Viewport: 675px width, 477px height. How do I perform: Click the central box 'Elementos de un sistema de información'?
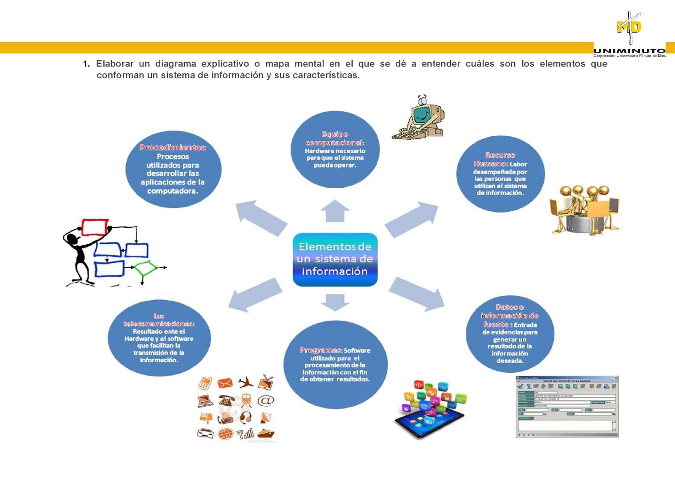pos(335,259)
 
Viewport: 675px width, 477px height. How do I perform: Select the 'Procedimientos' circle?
pos(173,170)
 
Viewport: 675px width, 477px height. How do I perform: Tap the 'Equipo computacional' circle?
pos(335,149)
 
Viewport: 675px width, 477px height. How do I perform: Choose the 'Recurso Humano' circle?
pos(500,174)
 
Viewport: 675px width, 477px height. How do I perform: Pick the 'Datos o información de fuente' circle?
pos(510,334)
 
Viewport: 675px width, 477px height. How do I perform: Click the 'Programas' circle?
pos(335,365)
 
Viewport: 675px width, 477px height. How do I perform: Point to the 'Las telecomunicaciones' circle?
pos(159,338)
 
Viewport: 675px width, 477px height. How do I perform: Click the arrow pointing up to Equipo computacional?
pos(335,211)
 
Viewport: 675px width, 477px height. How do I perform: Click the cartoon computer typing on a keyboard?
pos(418,118)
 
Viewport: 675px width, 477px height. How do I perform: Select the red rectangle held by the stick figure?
pos(94,227)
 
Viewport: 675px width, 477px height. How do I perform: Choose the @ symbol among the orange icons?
pos(266,400)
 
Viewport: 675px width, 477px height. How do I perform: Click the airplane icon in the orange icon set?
pos(246,383)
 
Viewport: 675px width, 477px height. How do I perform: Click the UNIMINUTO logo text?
pos(629,51)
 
